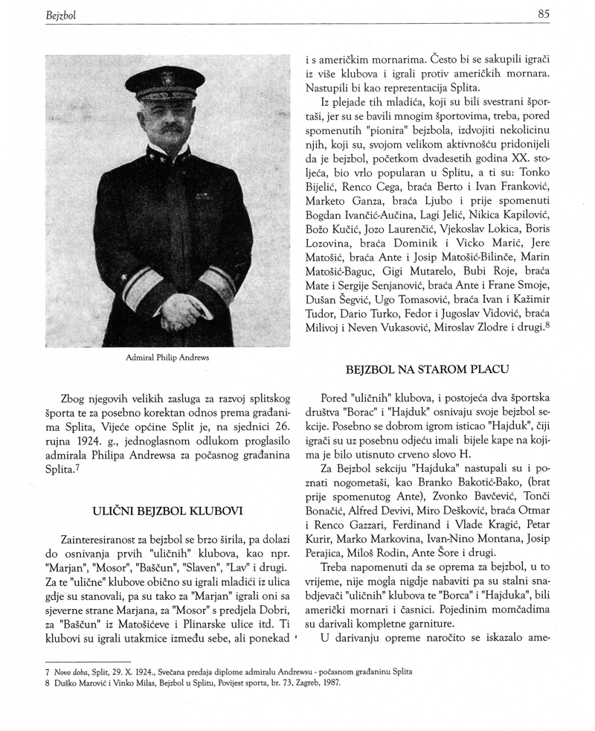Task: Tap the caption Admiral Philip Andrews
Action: click(x=167, y=357)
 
